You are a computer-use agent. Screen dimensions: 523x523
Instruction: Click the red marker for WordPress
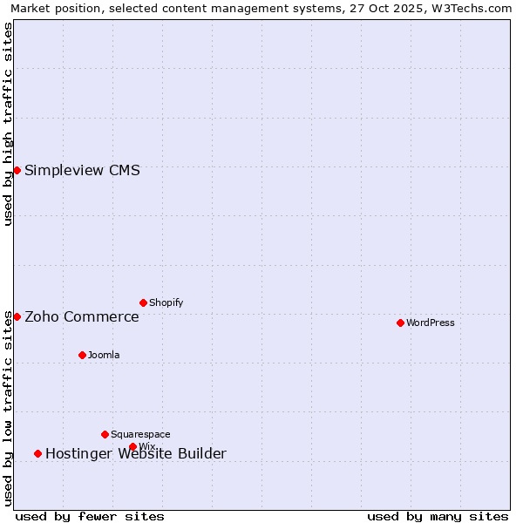point(400,323)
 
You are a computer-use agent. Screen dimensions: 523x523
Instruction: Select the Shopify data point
point(143,302)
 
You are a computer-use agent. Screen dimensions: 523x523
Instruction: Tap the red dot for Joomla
point(82,355)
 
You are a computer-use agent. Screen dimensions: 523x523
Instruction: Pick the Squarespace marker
point(105,434)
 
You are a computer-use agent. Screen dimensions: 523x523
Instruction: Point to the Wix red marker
point(132,446)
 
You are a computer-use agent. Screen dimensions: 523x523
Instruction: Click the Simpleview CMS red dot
point(17,170)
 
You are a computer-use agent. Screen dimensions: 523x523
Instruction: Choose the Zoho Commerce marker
point(17,316)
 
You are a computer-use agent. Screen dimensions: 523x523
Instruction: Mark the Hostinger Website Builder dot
point(37,453)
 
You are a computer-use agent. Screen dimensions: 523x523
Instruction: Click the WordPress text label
point(431,323)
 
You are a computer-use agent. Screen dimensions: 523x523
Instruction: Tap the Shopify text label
point(166,302)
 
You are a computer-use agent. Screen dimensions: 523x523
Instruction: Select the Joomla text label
point(104,355)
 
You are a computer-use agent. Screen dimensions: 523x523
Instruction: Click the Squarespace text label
point(140,434)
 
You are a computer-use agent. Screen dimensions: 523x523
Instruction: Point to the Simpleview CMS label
point(82,170)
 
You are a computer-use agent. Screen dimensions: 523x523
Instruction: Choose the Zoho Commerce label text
point(82,316)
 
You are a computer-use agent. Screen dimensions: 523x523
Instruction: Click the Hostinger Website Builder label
point(136,453)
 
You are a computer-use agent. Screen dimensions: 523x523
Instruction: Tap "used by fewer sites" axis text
point(90,516)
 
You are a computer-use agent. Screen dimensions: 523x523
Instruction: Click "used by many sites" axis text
point(438,516)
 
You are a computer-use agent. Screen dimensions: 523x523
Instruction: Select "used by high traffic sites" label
point(8,124)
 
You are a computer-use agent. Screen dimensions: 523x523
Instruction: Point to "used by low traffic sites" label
point(8,408)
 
